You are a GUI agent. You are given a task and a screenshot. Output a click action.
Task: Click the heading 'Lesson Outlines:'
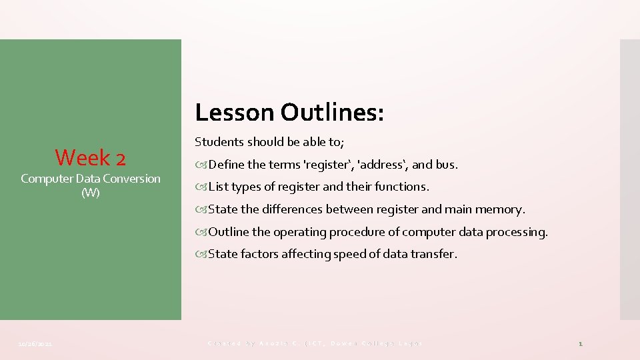tap(289, 113)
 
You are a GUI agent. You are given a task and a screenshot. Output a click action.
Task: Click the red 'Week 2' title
tap(90, 157)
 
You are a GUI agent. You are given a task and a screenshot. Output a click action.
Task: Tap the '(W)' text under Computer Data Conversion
tap(90, 193)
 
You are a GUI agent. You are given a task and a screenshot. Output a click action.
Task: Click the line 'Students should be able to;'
tap(269, 142)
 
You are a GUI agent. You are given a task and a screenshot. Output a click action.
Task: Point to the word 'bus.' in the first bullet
tap(447, 165)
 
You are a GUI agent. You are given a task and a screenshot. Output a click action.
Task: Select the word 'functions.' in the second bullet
tap(403, 187)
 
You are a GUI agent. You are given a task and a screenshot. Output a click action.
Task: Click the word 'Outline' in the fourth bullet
tap(229, 232)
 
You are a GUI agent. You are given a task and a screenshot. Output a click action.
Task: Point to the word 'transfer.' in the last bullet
tap(435, 254)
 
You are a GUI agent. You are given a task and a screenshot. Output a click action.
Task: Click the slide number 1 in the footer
tap(580, 344)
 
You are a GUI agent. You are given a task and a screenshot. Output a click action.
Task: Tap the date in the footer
tap(37, 344)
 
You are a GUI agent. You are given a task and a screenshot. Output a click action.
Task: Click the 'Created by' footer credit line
tap(315, 343)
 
